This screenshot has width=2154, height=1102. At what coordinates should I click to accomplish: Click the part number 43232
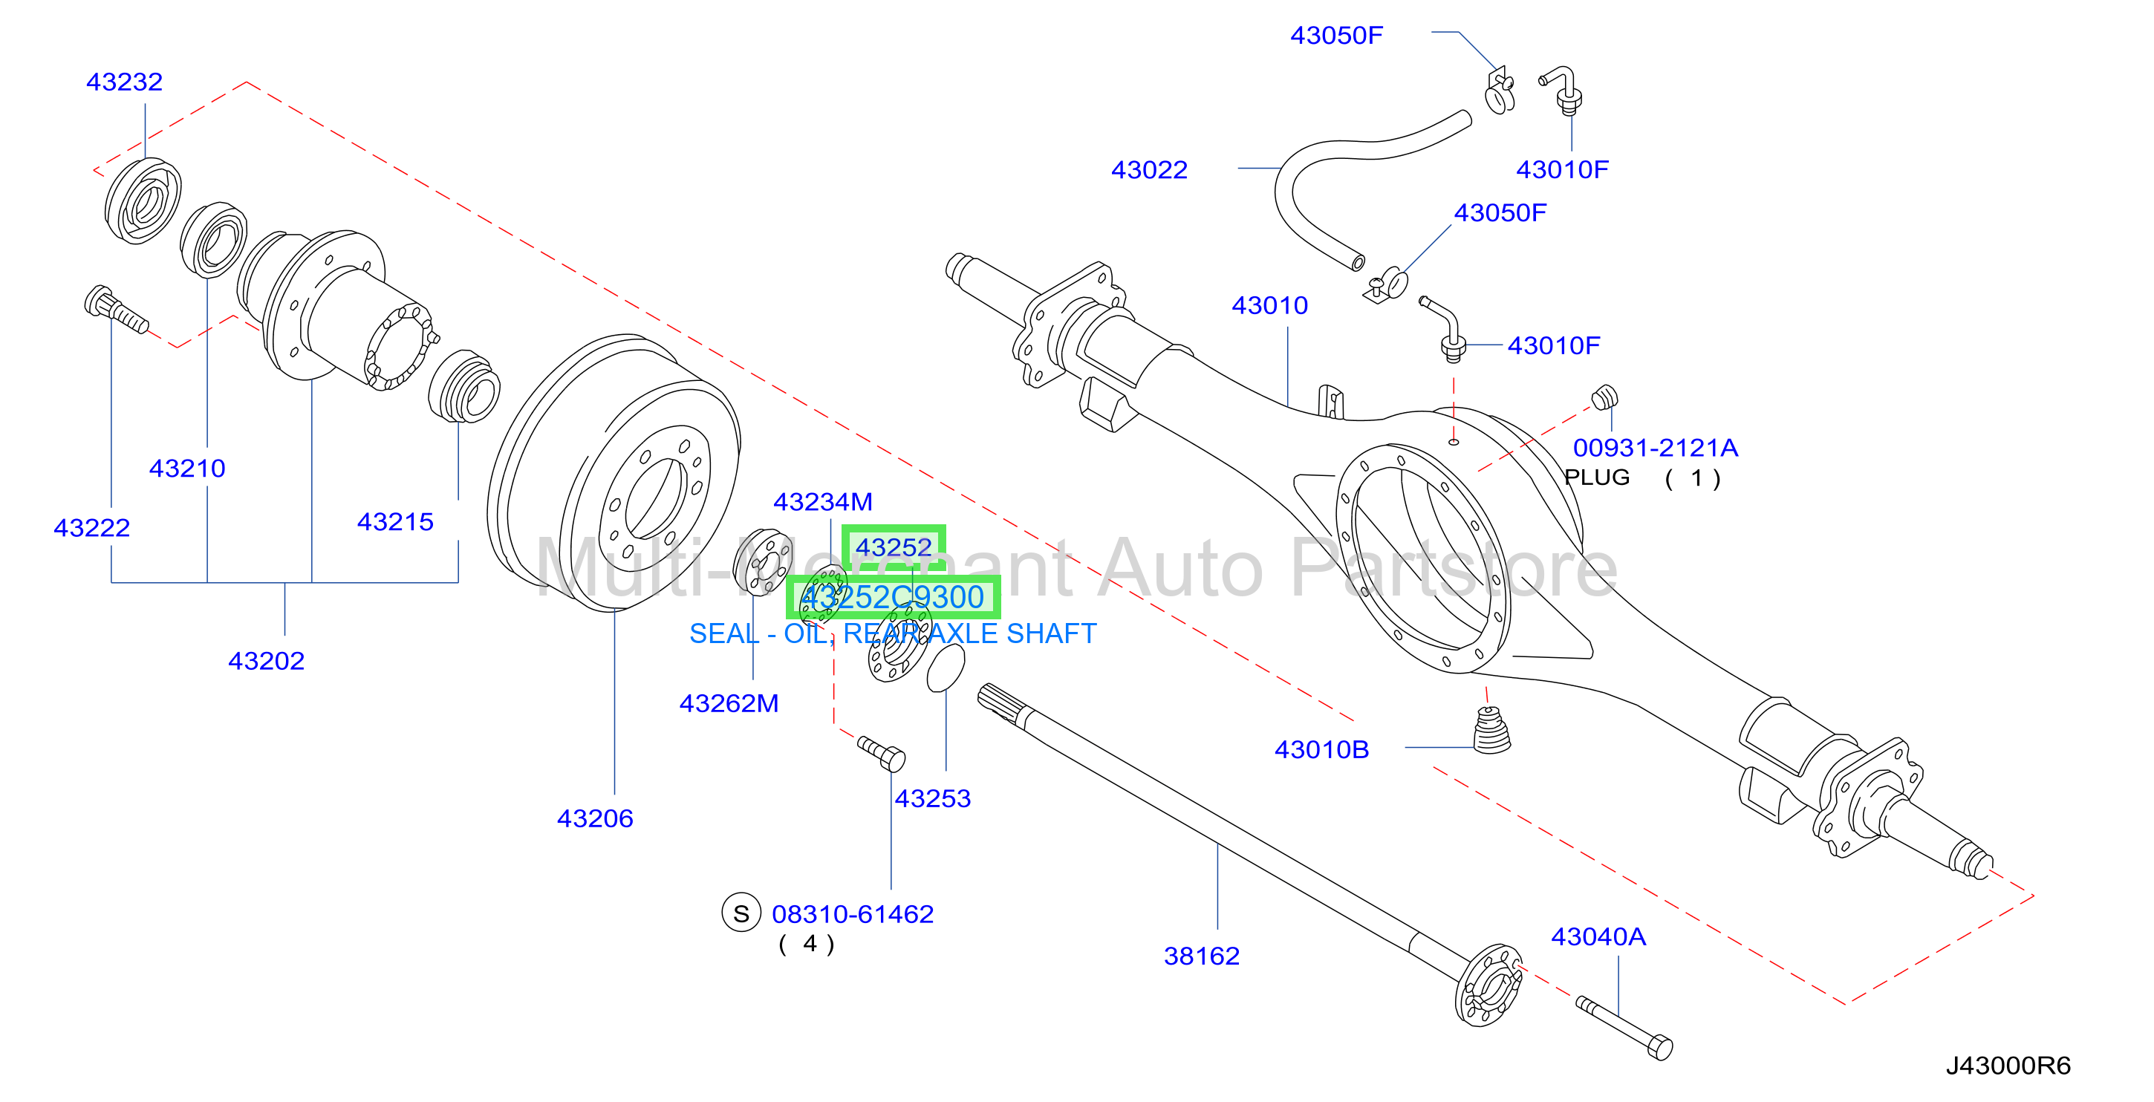click(125, 82)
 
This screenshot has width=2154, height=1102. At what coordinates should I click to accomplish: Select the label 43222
click(92, 527)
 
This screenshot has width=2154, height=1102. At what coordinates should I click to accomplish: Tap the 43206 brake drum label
click(596, 818)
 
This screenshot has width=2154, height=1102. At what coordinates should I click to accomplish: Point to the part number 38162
click(1202, 956)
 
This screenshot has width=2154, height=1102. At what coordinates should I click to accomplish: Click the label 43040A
click(1598, 936)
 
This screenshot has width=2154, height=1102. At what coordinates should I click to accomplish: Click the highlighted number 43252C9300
click(893, 597)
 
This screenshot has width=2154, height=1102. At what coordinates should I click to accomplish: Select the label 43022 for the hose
click(1149, 170)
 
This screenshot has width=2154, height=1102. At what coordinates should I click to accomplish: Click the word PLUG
click(1597, 477)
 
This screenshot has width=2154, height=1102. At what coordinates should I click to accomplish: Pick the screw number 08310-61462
click(852, 914)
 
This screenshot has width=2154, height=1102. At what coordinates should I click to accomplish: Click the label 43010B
click(1321, 749)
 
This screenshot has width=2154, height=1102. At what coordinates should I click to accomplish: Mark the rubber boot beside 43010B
click(1491, 731)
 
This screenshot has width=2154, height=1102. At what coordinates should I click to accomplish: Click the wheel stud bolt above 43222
click(116, 310)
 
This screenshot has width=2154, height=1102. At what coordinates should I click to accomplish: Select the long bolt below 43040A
click(1624, 1028)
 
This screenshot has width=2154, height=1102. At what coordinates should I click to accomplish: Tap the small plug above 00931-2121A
click(1604, 397)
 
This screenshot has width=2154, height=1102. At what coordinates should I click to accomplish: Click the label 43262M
click(729, 703)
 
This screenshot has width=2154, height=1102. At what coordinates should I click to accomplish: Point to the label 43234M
click(823, 502)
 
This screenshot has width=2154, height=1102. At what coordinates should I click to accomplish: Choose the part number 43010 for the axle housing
click(1269, 305)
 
